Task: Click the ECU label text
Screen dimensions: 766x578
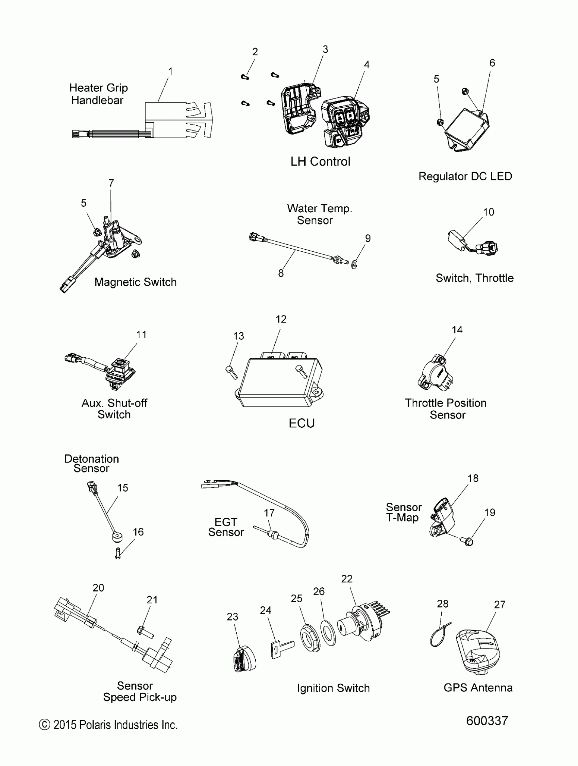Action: (302, 423)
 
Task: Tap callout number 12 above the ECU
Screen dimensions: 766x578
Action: (281, 319)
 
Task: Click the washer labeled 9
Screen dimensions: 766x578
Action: (354, 265)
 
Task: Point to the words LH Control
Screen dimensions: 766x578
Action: (320, 161)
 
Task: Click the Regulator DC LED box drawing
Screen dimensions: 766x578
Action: (466, 130)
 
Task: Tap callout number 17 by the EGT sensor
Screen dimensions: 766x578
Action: (269, 513)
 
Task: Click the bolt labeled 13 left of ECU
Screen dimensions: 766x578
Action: (231, 373)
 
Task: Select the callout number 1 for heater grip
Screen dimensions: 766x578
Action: (170, 72)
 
